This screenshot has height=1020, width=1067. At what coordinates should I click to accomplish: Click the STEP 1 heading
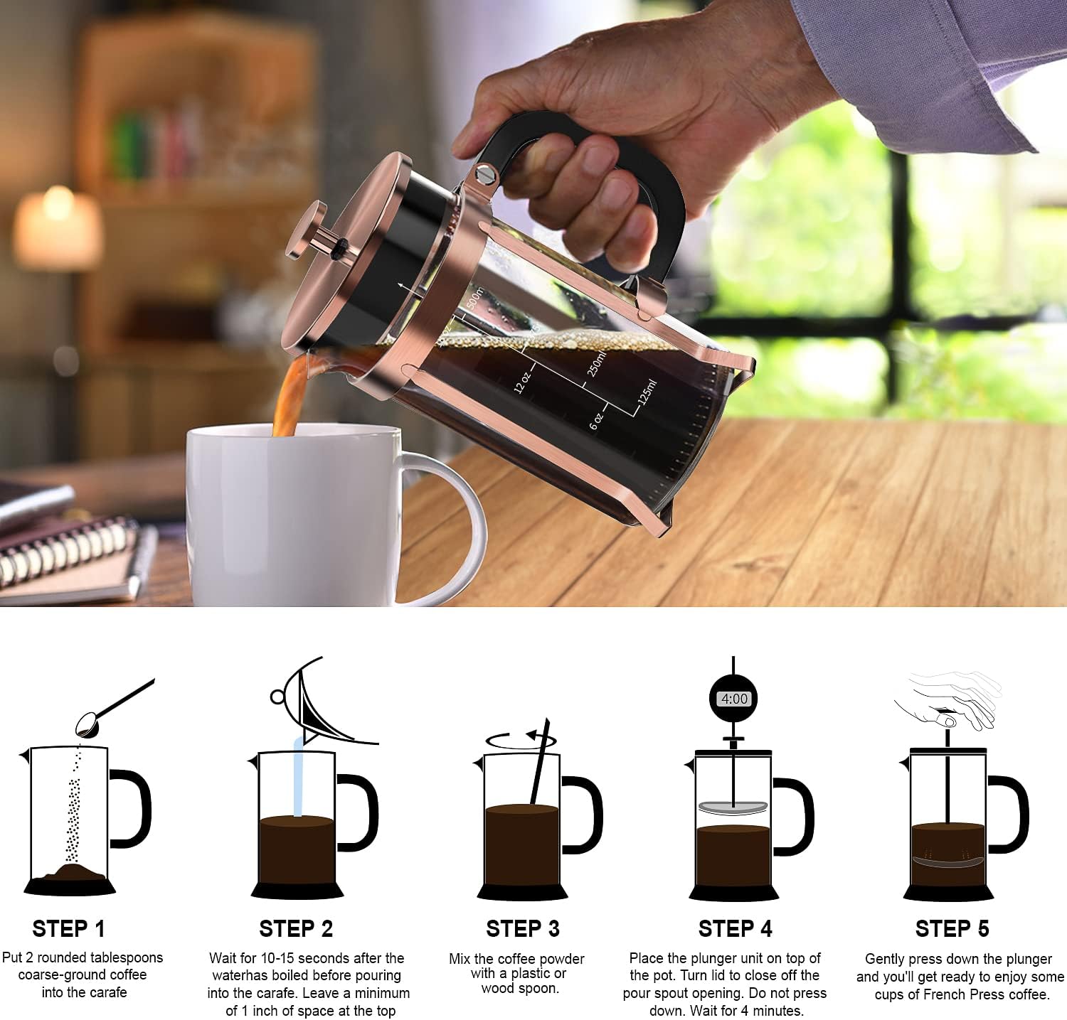click(68, 928)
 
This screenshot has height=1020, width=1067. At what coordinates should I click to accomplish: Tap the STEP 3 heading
click(522, 928)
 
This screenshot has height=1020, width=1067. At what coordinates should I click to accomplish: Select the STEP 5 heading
click(952, 928)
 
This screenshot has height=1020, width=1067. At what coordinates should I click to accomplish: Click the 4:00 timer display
click(734, 699)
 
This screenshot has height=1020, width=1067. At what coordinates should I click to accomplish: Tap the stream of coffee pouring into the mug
click(288, 398)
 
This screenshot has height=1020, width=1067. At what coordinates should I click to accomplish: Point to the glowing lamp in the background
click(57, 227)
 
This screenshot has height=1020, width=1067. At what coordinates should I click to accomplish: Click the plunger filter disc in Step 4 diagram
click(733, 807)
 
